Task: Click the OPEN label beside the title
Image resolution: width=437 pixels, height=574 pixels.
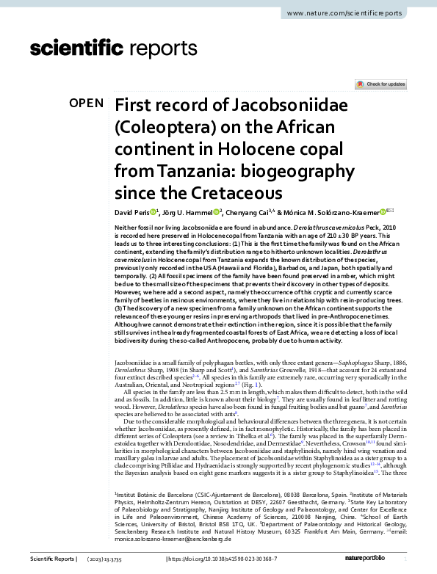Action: coord(86,103)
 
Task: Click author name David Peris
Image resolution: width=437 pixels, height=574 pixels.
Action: coord(132,213)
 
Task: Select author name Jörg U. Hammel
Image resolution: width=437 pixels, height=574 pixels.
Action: coord(188,213)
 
